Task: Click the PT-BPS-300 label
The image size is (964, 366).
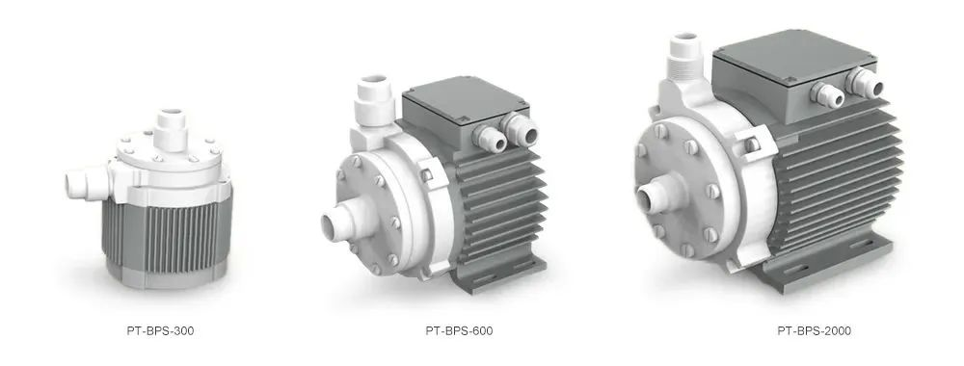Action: point(160,331)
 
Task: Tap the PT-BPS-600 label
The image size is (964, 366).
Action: point(459,331)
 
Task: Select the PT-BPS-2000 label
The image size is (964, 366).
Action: point(814,331)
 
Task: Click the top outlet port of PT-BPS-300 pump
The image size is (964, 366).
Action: point(171,128)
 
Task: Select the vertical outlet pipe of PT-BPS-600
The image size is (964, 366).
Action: point(374,101)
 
